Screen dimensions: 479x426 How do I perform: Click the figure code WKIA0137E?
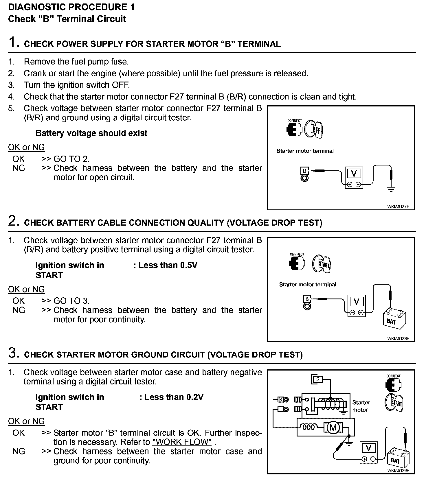point(398,207)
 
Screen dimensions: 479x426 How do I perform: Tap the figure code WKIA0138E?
point(398,338)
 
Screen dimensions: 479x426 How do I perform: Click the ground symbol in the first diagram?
point(391,189)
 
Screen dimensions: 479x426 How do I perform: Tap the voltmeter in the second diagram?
point(356,305)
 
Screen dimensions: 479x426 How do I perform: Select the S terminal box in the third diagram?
point(317,379)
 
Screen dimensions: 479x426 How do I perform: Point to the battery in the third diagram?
point(398,457)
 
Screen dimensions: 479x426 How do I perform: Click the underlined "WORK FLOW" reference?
point(182,442)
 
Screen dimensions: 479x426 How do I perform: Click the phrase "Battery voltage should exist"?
point(91,133)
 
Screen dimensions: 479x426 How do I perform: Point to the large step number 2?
point(13,221)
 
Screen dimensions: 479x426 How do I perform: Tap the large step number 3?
point(13,353)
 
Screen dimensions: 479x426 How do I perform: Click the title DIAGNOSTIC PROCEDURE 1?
point(71,7)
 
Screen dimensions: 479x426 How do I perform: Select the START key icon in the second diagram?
point(322,264)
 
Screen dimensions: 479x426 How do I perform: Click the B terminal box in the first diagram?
point(304,170)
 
